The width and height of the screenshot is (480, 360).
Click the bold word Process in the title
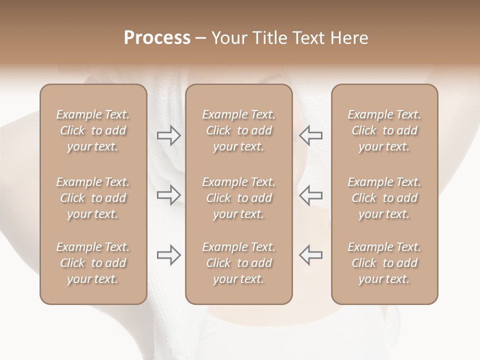point(157,38)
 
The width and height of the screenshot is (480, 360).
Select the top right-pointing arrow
point(169,135)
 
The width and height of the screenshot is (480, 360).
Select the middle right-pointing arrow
point(169,195)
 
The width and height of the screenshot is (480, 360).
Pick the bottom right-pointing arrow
point(169,255)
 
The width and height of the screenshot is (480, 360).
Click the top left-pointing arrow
point(310,135)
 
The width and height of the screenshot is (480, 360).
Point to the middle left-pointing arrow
point(310,195)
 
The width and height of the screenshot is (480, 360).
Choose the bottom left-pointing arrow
point(310,255)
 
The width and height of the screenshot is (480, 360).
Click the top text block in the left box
point(93,130)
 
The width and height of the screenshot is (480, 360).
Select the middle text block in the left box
point(93,198)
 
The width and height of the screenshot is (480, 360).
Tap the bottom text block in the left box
point(93,263)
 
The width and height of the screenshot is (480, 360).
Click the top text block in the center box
point(238,130)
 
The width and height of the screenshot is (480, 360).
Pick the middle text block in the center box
point(238,198)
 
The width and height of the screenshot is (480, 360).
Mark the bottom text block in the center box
point(238,263)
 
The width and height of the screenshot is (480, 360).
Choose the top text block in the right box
point(384,130)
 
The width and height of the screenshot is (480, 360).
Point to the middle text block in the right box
point(384,198)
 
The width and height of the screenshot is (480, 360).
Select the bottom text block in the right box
point(384,263)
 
